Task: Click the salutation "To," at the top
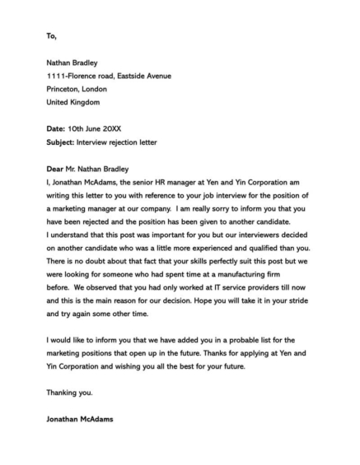pyautogui.click(x=53, y=36)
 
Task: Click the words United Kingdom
pyautogui.click(x=73, y=102)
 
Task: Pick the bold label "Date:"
pyautogui.click(x=57, y=129)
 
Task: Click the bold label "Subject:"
pyautogui.click(x=61, y=142)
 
